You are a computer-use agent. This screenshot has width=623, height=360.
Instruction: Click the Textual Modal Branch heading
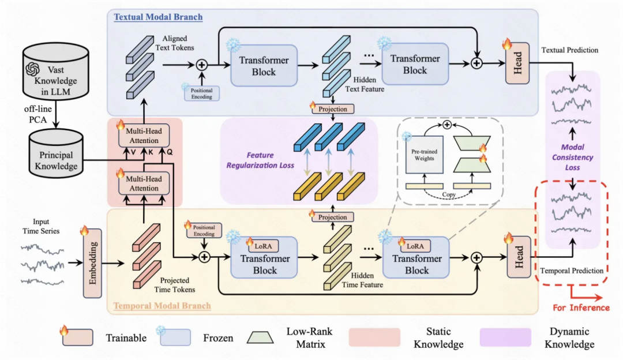click(158, 17)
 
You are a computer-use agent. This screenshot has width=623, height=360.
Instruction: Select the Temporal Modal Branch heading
click(162, 305)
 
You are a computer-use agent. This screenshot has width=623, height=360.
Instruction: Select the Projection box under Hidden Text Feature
click(332, 108)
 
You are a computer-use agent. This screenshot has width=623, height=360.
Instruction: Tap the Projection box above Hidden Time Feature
click(332, 217)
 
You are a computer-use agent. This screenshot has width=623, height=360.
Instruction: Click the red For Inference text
click(581, 307)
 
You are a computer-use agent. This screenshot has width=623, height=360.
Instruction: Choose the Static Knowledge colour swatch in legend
click(374, 337)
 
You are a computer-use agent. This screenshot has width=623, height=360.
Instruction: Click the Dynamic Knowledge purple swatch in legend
click(505, 337)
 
